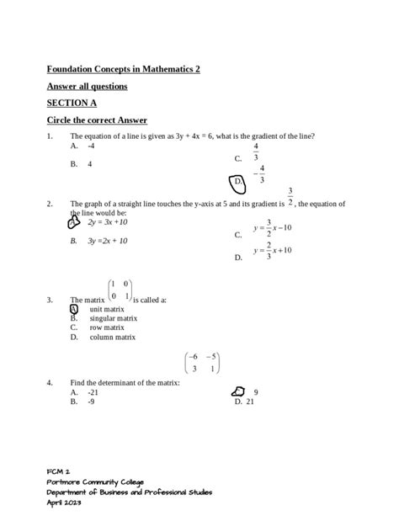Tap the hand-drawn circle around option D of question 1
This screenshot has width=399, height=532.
point(238,182)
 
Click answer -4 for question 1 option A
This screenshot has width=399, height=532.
point(91,146)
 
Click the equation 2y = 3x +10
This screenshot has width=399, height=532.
point(107,222)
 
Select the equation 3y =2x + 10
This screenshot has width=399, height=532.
point(107,241)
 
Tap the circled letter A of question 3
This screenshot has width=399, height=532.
point(74,309)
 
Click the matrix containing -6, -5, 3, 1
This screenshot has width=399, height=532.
point(202,362)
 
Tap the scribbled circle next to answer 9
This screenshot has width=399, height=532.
point(237,391)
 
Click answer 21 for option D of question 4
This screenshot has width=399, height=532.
point(250,402)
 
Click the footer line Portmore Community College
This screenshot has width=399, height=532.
point(93,481)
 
